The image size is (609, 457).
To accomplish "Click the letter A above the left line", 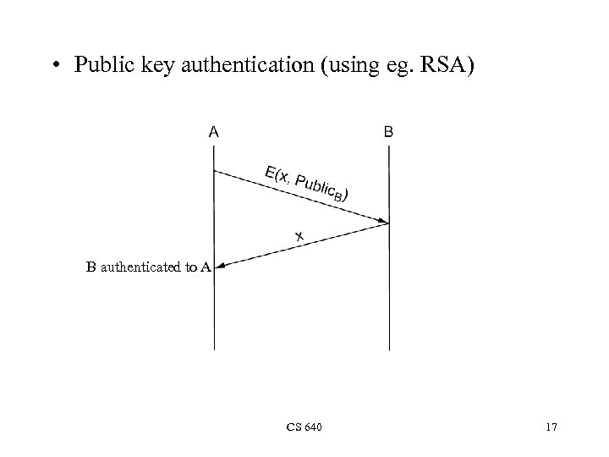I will click(214, 132).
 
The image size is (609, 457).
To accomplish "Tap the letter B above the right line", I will click(388, 132).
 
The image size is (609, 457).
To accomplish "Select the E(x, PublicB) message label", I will click(306, 184).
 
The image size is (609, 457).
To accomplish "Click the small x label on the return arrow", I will click(299, 236).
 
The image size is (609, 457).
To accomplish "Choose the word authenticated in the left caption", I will click(139, 267).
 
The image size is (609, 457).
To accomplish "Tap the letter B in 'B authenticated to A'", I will click(91, 267).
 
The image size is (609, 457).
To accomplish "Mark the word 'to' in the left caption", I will click(189, 267).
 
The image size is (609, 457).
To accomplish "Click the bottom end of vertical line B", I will click(389, 348).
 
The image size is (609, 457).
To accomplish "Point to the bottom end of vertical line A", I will click(214, 348).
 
